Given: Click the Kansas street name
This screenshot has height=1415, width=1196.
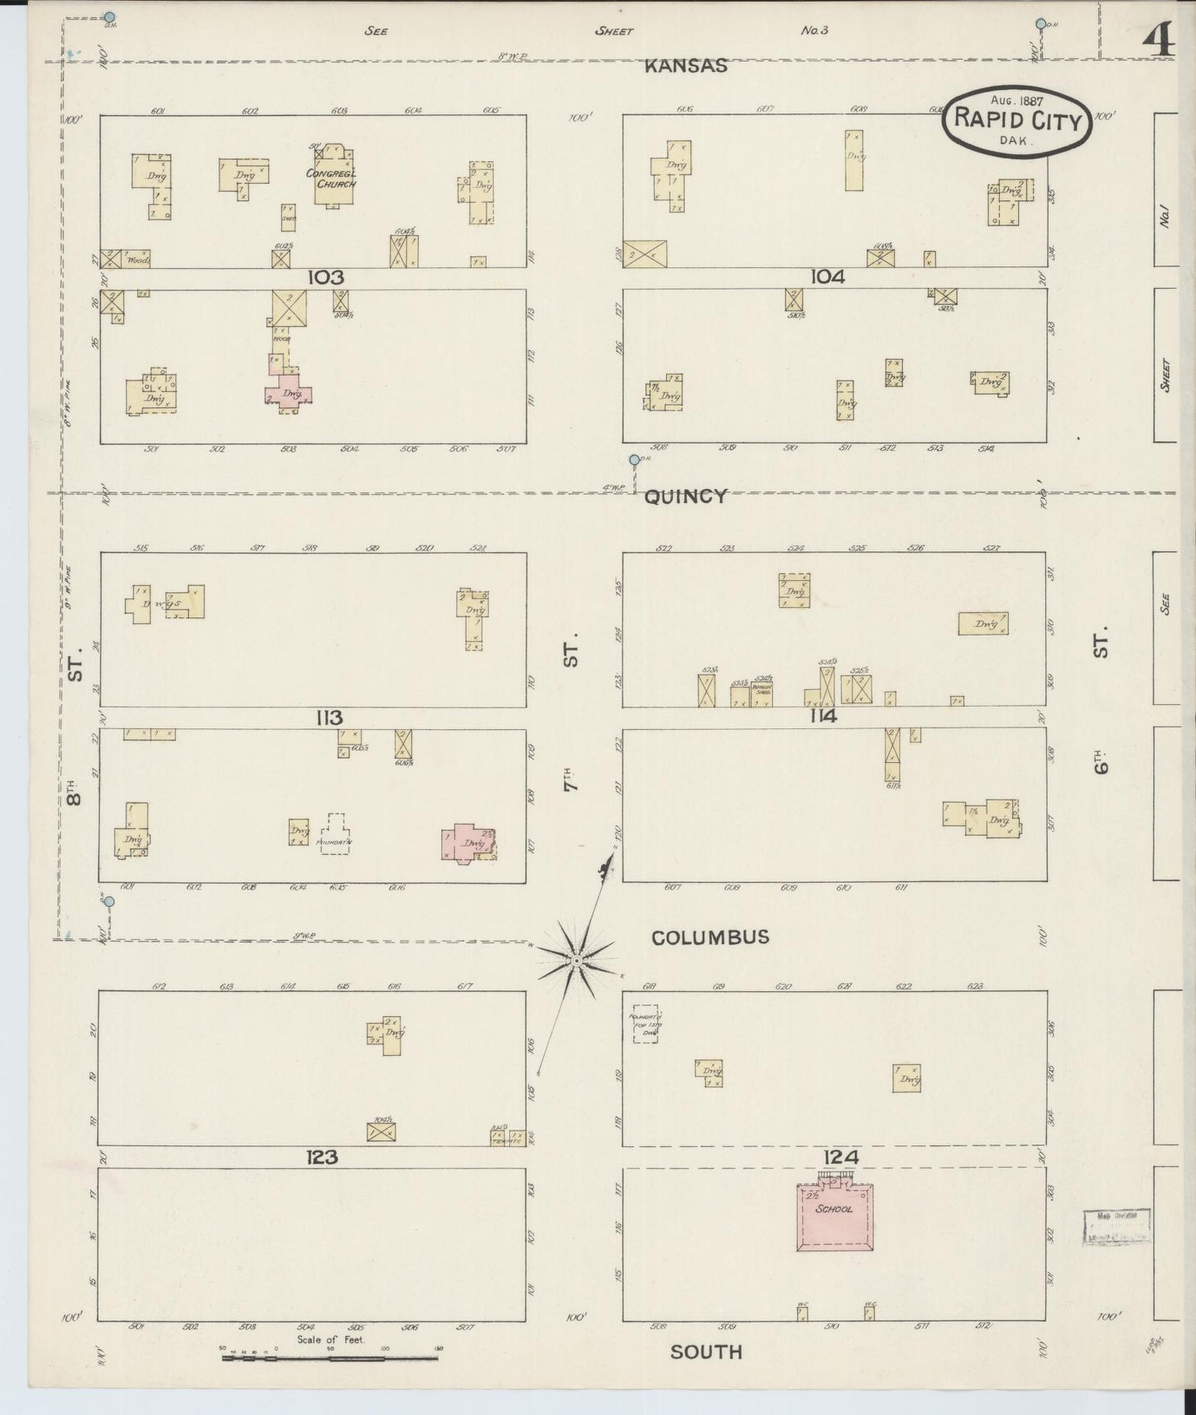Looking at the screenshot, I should (686, 66).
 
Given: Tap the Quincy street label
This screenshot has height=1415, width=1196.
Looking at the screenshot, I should (684, 496).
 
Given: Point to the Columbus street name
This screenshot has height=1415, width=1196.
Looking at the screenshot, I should (710, 938).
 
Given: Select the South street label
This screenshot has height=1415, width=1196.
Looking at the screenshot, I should (706, 1352).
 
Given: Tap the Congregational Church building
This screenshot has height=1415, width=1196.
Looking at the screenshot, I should (333, 176).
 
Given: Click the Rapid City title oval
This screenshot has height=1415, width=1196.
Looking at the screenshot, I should (1017, 121).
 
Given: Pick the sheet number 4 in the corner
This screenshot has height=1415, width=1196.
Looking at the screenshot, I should (1158, 38).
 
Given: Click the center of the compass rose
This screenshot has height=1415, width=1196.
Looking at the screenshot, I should (575, 961).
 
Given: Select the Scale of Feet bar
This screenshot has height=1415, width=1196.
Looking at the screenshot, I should (331, 1358).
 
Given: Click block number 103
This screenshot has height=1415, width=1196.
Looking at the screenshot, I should (325, 278).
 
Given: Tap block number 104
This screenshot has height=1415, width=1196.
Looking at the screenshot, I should (827, 278).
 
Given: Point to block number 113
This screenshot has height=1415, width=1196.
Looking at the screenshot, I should (329, 717).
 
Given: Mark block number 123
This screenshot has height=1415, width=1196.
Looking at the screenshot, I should (322, 1157).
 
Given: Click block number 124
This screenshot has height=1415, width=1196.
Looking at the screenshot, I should (840, 1157).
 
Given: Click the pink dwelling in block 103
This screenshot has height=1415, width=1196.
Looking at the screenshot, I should (289, 391).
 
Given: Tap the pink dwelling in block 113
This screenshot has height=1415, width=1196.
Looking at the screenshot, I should (467, 843).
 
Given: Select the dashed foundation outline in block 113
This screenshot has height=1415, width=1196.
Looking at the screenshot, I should (334, 836).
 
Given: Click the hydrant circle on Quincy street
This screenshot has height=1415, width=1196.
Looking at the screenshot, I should (634, 460).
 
